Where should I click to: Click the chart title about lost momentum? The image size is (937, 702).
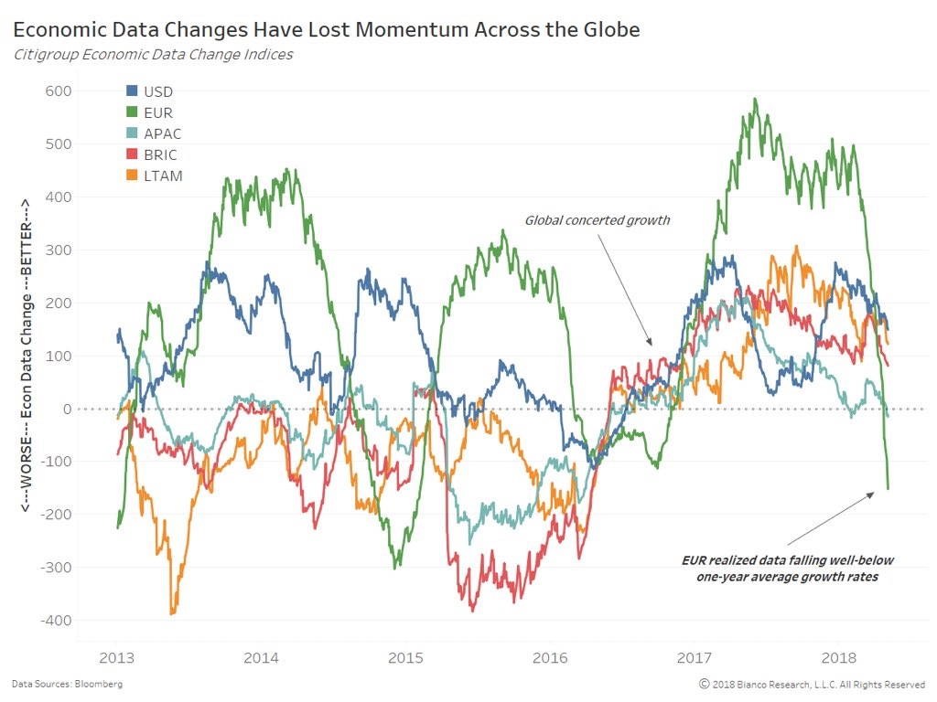click(326, 29)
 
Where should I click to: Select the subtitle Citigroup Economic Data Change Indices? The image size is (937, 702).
click(153, 54)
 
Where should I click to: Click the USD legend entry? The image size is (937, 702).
click(157, 91)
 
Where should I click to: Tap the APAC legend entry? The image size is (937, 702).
click(162, 133)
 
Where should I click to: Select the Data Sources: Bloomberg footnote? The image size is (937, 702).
click(67, 684)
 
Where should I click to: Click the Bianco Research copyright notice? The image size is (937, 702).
click(812, 684)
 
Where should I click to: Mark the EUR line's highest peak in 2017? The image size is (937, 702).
click(755, 99)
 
